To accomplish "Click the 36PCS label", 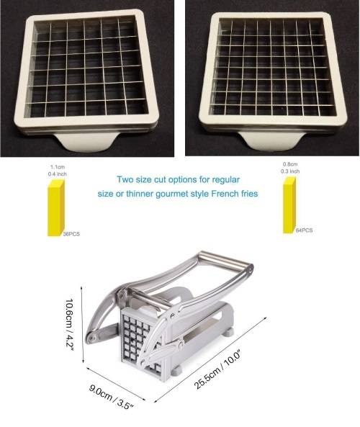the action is [x=71, y=234].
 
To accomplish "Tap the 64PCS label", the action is [x=304, y=230].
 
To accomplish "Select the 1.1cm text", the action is [x=58, y=167].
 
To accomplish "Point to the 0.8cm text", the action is [x=290, y=164].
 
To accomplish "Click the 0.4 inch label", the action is [x=58, y=174].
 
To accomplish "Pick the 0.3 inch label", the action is [x=290, y=171].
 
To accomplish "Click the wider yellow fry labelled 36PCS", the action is [x=56, y=208].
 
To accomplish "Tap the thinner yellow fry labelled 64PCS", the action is [x=289, y=204].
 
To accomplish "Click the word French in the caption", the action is [x=225, y=194].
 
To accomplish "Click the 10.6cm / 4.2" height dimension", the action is [x=70, y=325].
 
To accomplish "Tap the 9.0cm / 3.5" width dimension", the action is [x=112, y=397].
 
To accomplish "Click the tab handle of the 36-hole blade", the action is [x=86, y=142].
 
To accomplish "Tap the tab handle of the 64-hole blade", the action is [x=272, y=141].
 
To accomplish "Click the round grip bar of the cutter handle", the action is [x=226, y=259].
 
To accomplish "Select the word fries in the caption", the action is [x=249, y=194].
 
